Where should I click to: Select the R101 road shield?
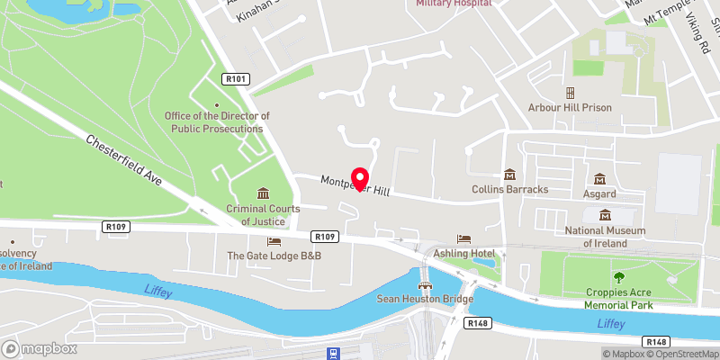pyautogui.click(x=237, y=80)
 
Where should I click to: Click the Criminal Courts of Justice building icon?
pyautogui.click(x=263, y=193)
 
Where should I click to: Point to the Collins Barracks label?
pyautogui.click(x=510, y=189)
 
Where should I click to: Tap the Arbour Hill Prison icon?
pyautogui.click(x=570, y=93)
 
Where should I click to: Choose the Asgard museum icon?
pyautogui.click(x=599, y=179)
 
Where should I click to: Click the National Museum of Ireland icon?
pyautogui.click(x=605, y=215)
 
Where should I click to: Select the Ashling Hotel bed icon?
pyautogui.click(x=463, y=238)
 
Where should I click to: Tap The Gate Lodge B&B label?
pyautogui.click(x=274, y=256)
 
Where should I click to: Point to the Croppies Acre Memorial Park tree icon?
pyautogui.click(x=617, y=277)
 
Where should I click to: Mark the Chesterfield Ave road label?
pyautogui.click(x=124, y=160)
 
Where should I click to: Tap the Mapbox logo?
pyautogui.click(x=38, y=348)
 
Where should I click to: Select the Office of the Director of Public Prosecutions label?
pyautogui.click(x=216, y=122)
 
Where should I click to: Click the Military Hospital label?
pyautogui.click(x=454, y=4)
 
